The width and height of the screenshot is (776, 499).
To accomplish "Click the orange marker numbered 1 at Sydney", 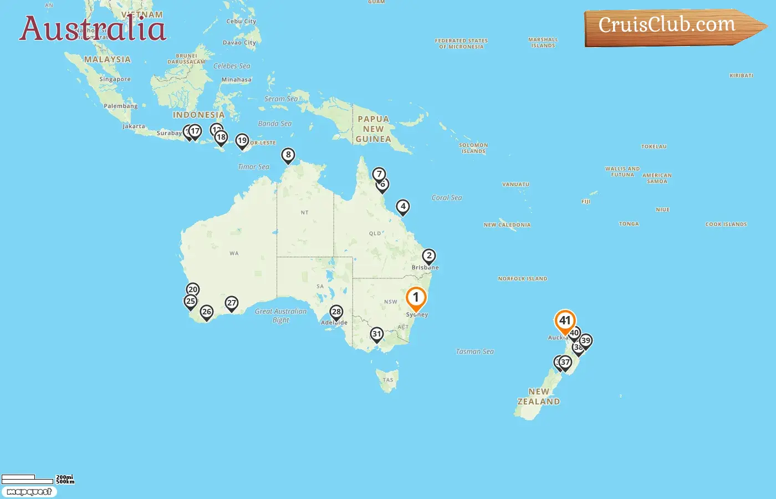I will (416, 298).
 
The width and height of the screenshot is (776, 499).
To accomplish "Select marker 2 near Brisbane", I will (429, 256).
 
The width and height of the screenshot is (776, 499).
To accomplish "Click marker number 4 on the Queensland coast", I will (403, 207).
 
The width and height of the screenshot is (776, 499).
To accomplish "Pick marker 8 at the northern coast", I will (288, 155).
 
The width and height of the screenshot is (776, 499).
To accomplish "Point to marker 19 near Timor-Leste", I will (242, 141).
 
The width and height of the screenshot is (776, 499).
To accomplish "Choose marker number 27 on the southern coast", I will (232, 303).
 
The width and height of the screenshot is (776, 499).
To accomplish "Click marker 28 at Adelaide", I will (336, 312).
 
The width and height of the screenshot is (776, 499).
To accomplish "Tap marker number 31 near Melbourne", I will (377, 334).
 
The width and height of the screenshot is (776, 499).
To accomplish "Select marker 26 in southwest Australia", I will (207, 312).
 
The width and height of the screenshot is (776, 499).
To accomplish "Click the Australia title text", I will (93, 29).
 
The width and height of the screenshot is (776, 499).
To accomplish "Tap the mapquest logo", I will (29, 492).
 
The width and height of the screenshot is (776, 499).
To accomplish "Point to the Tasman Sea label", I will (474, 352).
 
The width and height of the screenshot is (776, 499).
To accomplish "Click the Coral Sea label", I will (447, 198).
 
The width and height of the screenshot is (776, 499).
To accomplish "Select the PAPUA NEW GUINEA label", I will (373, 129).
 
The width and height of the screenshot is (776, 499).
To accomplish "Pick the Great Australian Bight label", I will (280, 315).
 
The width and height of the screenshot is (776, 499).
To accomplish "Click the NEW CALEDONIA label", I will (507, 225).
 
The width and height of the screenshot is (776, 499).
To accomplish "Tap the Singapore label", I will (115, 79).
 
